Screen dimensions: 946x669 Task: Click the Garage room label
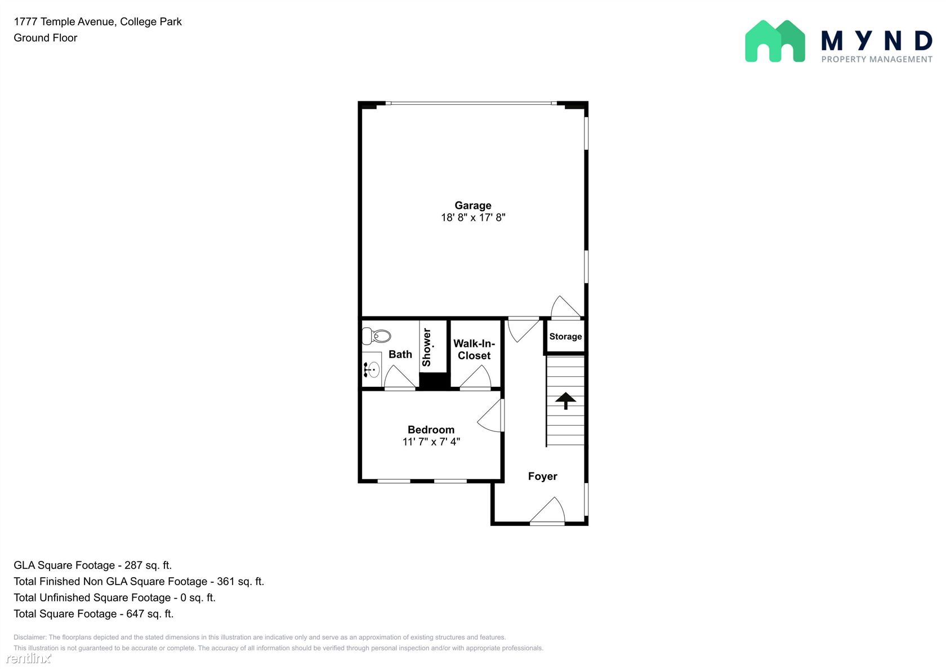(472, 205)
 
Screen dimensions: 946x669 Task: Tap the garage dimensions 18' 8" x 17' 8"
(473, 217)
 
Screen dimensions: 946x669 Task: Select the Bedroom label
(431, 430)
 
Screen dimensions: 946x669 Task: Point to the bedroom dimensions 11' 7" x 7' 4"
(431, 441)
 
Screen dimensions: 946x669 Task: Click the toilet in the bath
(376, 336)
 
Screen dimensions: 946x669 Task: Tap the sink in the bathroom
(372, 370)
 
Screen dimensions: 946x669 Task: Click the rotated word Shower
(427, 347)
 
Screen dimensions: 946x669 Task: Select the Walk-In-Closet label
(474, 349)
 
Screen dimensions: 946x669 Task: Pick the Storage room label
(565, 337)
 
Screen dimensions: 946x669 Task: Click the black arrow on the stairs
(565, 401)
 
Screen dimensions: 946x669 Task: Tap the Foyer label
(543, 476)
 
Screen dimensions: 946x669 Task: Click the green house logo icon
(775, 42)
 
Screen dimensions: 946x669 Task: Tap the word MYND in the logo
(877, 41)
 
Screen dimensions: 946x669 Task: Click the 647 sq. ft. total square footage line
(93, 614)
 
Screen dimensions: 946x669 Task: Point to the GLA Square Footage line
(92, 565)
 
